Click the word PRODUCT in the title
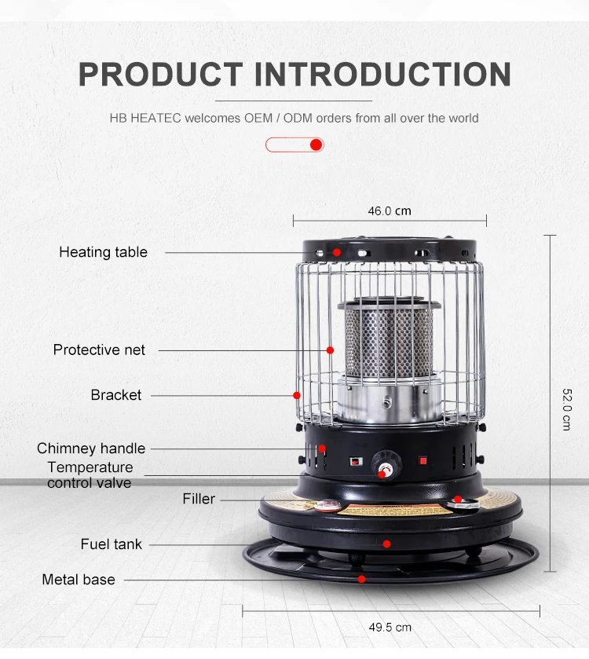[x=161, y=74]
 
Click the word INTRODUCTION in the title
[x=382, y=74]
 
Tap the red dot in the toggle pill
[x=316, y=145]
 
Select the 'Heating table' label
[x=103, y=252]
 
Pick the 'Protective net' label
[x=99, y=350]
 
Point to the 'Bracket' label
[x=116, y=395]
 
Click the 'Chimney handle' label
[x=91, y=448]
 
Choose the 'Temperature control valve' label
[x=90, y=475]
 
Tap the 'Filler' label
[x=199, y=499]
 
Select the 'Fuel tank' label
[x=112, y=544]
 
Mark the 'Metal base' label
[x=79, y=580]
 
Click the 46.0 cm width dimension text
[x=390, y=211]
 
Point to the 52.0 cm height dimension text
[x=566, y=409]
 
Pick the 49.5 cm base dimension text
[x=390, y=627]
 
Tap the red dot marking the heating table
[x=336, y=252]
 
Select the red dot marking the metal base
[x=361, y=580]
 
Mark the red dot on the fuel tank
[x=386, y=544]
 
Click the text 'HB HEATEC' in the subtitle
[x=145, y=119]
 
